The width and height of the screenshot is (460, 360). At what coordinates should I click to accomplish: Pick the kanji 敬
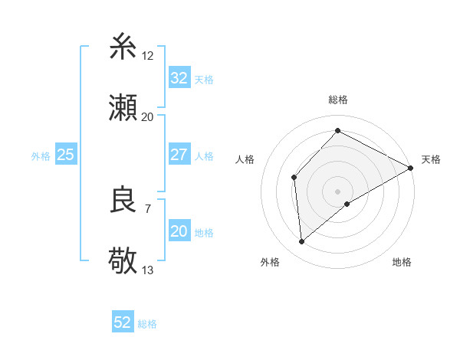point(123,261)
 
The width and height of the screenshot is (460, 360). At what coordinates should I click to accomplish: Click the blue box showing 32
point(179,77)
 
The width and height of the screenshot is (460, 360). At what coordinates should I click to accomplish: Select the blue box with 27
point(179,154)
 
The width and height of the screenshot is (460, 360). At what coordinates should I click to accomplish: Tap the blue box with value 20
point(179,231)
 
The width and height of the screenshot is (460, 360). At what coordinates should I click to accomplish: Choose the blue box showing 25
point(65,154)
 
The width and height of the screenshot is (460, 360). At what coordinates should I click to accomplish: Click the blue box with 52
point(123,322)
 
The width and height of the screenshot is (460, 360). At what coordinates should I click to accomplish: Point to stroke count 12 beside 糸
point(148,55)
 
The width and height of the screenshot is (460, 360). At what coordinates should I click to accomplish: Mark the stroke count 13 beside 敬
point(148,270)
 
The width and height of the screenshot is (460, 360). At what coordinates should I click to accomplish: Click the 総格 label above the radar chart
point(338,100)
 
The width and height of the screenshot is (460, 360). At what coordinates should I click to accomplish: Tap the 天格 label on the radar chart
point(431,159)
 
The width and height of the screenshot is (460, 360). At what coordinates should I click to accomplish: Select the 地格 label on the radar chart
point(402,262)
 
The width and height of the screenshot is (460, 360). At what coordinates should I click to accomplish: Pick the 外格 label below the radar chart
point(270,262)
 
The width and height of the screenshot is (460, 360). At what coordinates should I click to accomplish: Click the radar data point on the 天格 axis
point(411,168)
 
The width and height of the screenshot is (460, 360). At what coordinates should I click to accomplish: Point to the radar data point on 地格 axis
point(347,204)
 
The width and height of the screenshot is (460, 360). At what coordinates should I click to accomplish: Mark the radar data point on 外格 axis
point(302,241)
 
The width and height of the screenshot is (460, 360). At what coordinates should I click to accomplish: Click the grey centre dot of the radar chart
point(338,191)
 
